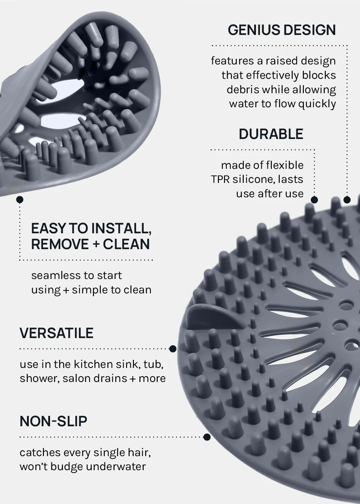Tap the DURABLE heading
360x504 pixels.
point(271,134)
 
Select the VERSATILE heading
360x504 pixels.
point(57,333)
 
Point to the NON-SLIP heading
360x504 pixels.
point(53,421)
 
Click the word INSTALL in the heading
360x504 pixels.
point(121,229)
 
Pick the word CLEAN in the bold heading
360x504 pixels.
point(126,244)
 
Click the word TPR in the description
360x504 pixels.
point(220,180)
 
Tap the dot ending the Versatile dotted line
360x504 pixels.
point(172,349)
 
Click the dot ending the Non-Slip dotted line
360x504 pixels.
point(207,437)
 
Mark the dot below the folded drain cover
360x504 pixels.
point(20,199)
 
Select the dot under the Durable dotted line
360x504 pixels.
point(314,199)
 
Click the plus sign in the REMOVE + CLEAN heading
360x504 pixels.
point(96,244)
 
